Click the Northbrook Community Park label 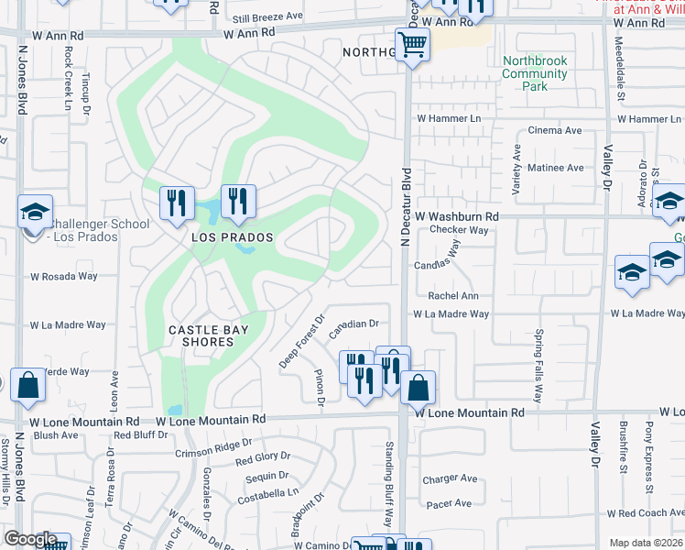pos(535,73)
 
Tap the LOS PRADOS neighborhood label pos(233,237)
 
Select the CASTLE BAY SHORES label pos(201,335)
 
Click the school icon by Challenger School pos(35,212)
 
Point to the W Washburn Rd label pos(456,216)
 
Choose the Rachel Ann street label pos(453,296)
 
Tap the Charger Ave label pos(450,478)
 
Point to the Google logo pos(29,539)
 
